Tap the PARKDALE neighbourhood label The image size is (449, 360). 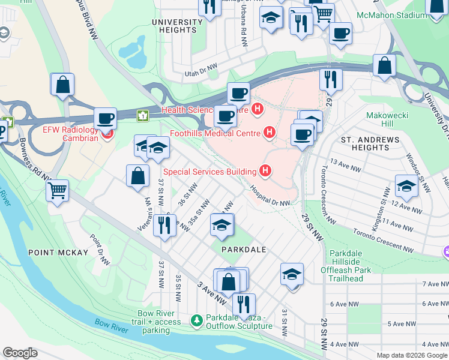[x=243, y=248]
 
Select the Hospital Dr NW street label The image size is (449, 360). [x=270, y=197]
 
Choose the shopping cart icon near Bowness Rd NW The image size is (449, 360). [x=58, y=191]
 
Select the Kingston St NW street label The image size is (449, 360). [x=382, y=205]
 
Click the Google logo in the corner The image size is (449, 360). [x=20, y=353]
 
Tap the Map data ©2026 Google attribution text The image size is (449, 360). [x=412, y=355]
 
